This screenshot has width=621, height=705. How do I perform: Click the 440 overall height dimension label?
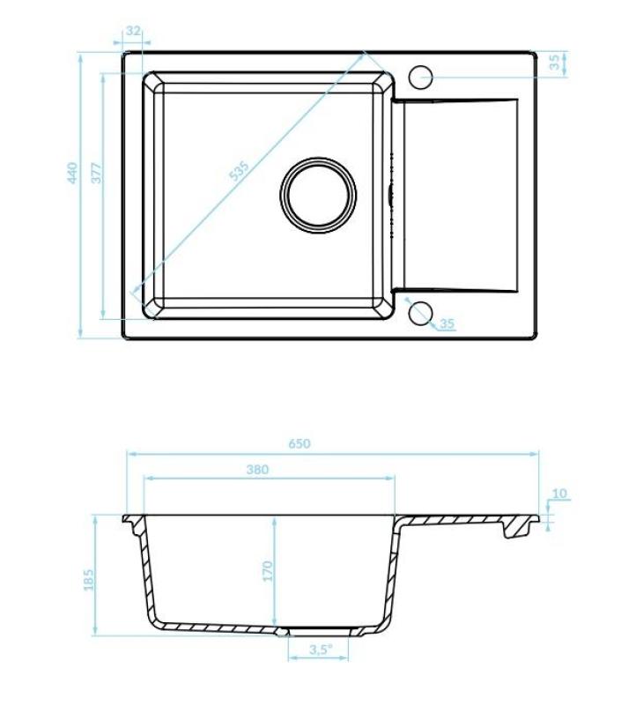coord(74,172)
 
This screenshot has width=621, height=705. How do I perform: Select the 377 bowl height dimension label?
coord(97,172)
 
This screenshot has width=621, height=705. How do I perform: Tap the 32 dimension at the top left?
coord(133,31)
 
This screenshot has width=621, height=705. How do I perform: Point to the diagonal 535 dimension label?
coord(240,170)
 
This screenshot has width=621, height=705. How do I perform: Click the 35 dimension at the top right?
coord(554,62)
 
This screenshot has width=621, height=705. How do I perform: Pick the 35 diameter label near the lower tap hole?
coord(447,323)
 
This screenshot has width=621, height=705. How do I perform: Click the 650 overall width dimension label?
coord(299,443)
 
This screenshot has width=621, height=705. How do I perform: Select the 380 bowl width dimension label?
coord(257,470)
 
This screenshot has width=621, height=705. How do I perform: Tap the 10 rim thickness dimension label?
coord(560,493)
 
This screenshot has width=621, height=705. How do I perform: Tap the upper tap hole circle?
coord(421,76)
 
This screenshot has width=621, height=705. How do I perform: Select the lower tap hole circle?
coord(420,312)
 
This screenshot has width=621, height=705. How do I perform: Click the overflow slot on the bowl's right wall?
coord(390,194)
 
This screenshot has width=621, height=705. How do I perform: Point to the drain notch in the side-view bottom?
coord(282,631)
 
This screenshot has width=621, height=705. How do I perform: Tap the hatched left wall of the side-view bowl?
coord(145,573)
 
